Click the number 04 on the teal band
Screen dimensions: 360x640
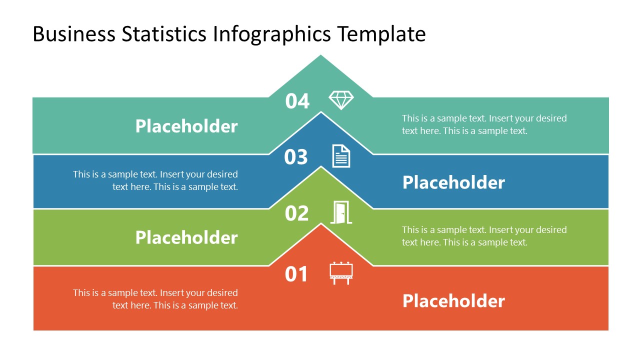[x=297, y=101]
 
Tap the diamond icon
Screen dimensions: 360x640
[x=341, y=100]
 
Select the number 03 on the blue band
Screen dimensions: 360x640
[x=296, y=157]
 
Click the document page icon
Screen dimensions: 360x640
[x=341, y=156]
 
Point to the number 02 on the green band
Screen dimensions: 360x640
[x=296, y=213]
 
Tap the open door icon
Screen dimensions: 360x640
[x=341, y=212]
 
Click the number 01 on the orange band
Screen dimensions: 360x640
[x=296, y=274]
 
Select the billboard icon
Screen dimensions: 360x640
[x=341, y=273]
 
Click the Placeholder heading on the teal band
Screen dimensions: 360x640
[x=186, y=126]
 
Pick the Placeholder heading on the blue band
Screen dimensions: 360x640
[x=453, y=182]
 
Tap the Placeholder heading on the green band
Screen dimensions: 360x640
[x=186, y=237]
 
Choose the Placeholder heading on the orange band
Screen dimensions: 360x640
[x=453, y=301]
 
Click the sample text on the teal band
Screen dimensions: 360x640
[x=484, y=124]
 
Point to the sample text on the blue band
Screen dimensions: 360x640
[x=155, y=180]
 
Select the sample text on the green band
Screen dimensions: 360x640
[x=484, y=236]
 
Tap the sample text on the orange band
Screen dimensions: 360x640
[x=155, y=299]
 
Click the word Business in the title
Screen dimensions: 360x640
[x=74, y=34]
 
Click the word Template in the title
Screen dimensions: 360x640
[x=381, y=34]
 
